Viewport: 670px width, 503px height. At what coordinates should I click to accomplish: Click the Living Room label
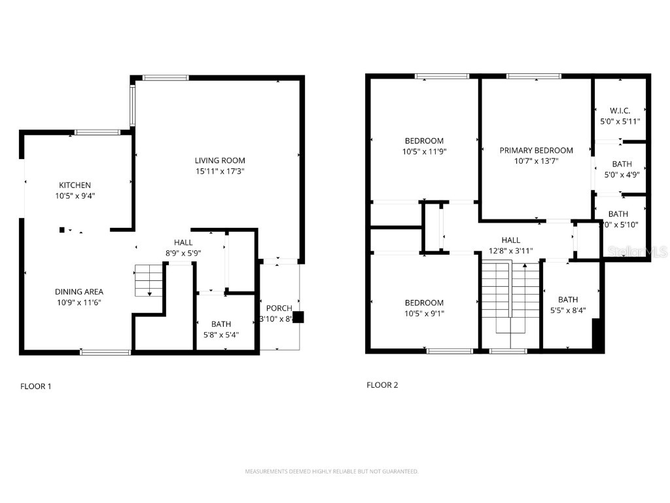(220, 160)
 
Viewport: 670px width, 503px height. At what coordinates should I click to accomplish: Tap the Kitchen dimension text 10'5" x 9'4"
(75, 196)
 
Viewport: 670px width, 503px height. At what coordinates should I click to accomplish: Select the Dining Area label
(79, 291)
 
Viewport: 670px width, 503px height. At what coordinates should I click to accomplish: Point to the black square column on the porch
(298, 317)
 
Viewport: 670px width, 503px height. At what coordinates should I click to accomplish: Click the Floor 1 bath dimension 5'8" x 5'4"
(220, 335)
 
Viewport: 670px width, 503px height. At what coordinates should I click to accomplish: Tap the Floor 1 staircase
(148, 280)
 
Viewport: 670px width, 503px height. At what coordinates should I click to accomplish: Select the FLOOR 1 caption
(35, 386)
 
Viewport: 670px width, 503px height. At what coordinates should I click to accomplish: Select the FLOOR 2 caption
(382, 385)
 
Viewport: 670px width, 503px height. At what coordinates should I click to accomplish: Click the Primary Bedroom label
(536, 150)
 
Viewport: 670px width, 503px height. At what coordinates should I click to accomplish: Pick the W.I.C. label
(620, 111)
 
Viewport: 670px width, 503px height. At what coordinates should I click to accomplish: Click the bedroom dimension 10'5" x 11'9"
(424, 151)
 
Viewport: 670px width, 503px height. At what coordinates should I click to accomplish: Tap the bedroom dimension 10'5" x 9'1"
(424, 313)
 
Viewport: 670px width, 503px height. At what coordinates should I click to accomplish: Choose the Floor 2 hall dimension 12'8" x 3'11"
(510, 251)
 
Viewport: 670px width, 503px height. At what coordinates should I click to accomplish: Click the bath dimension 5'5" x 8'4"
(568, 310)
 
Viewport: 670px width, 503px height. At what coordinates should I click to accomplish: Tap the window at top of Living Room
(166, 78)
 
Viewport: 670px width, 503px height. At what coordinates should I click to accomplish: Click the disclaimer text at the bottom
(331, 471)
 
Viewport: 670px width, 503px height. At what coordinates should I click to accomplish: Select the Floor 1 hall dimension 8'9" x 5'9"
(183, 253)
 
